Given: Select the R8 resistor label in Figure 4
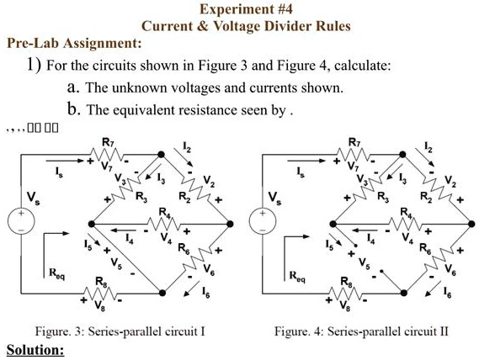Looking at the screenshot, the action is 346,282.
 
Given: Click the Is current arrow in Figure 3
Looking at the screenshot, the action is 65,161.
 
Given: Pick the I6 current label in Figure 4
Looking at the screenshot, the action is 448,293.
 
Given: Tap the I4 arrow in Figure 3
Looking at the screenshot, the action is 123,230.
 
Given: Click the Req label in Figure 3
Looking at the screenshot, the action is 57,273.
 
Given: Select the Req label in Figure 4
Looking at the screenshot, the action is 297,276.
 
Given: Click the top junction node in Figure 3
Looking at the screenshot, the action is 161,155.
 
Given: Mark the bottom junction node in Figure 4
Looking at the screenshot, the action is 403,293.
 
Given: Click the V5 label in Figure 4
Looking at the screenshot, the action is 364,263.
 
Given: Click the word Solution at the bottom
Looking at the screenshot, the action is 35,350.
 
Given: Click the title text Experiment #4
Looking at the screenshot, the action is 246,9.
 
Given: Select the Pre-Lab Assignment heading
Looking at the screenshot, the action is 74,43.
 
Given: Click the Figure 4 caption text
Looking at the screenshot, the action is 361,331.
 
